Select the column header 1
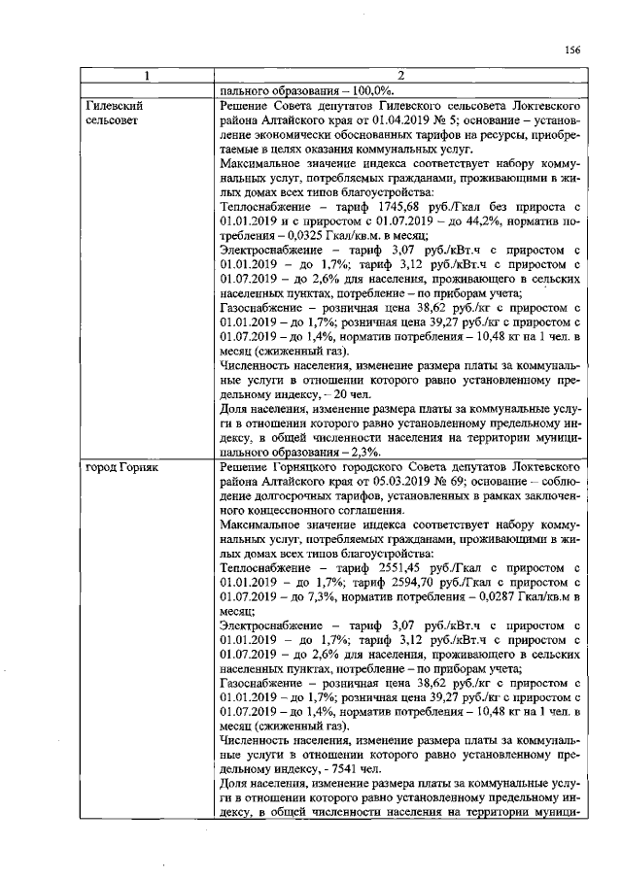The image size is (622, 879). (x=145, y=76)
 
